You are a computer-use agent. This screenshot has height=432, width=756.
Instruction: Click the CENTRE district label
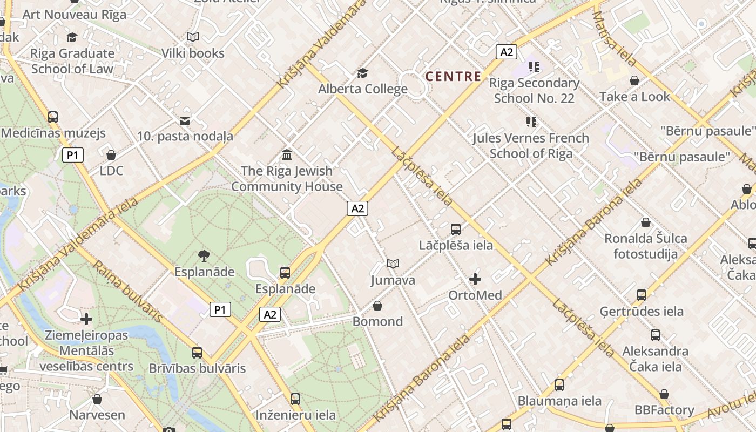pyautogui.click(x=453, y=76)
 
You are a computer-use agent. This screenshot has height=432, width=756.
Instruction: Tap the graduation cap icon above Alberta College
pyautogui.click(x=362, y=73)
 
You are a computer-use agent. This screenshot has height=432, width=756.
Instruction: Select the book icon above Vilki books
pyautogui.click(x=193, y=37)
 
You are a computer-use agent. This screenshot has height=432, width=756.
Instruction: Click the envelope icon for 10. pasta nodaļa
pyautogui.click(x=185, y=120)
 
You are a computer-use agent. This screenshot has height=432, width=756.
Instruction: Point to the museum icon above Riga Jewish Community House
pyautogui.click(x=287, y=155)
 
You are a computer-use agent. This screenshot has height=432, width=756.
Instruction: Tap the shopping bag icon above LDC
pyautogui.click(x=111, y=155)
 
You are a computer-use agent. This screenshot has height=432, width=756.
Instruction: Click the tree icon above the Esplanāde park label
pyautogui.click(x=204, y=255)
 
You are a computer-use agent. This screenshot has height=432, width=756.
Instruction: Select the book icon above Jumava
pyautogui.click(x=393, y=264)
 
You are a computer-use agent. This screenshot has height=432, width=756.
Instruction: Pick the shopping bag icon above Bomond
pyautogui.click(x=377, y=306)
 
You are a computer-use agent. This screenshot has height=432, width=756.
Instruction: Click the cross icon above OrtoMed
pyautogui.click(x=475, y=279)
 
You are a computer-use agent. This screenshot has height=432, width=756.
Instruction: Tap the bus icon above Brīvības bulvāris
pyautogui.click(x=197, y=353)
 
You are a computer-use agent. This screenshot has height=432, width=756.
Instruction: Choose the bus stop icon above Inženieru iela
pyautogui.click(x=295, y=399)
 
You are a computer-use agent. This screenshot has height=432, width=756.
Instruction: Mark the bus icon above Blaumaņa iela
pyautogui.click(x=559, y=385)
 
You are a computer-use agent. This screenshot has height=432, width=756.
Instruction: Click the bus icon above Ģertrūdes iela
pyautogui.click(x=642, y=295)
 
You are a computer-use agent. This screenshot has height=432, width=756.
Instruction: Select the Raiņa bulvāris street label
pyautogui.click(x=127, y=291)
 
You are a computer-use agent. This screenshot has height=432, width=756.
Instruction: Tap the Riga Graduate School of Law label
pyautogui.click(x=72, y=61)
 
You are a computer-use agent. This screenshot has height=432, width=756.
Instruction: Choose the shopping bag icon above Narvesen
pyautogui.click(x=97, y=400)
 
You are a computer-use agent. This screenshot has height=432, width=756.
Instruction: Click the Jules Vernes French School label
pyautogui.click(x=531, y=146)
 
